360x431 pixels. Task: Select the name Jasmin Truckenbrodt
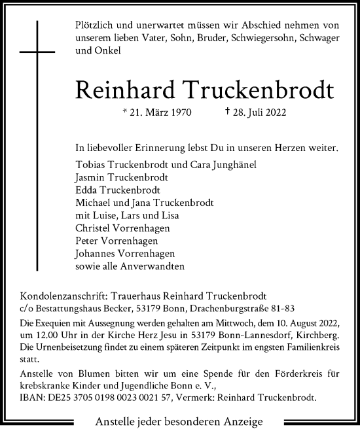122,177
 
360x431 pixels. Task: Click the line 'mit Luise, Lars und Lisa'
127,215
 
